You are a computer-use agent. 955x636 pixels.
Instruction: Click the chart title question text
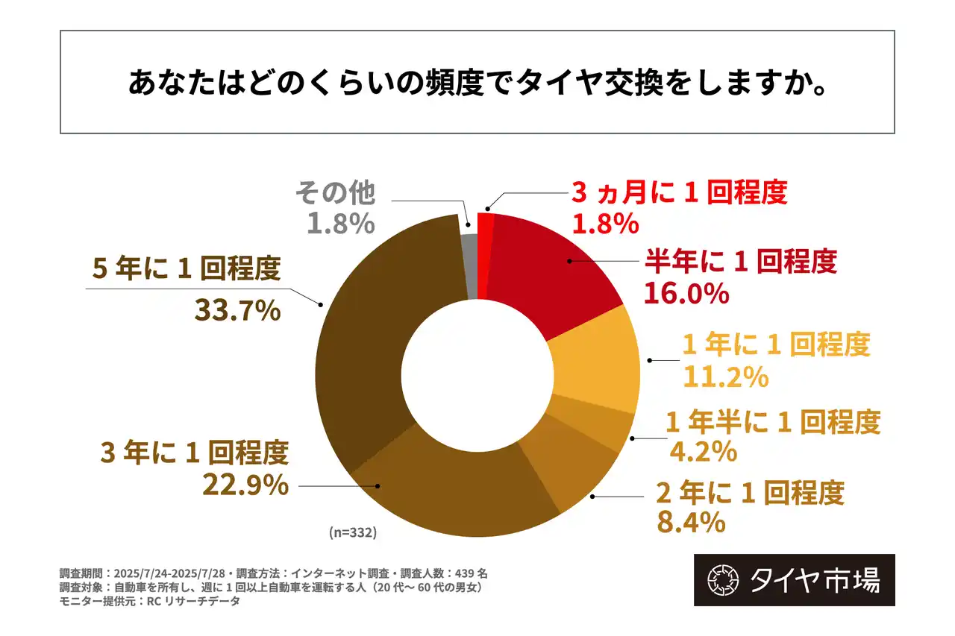pos(477,83)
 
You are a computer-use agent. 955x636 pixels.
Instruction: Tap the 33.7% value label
pos(237,310)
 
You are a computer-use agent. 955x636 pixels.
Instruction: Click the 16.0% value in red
pos(686,294)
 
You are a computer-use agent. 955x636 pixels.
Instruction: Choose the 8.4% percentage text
pos(691,523)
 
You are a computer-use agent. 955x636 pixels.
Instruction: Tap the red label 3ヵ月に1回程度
pos(679,194)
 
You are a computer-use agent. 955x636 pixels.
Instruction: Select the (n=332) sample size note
pos(352,533)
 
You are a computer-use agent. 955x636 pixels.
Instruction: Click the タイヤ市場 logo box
pos(794,580)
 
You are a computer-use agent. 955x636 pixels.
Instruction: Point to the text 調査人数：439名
pos(447,573)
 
